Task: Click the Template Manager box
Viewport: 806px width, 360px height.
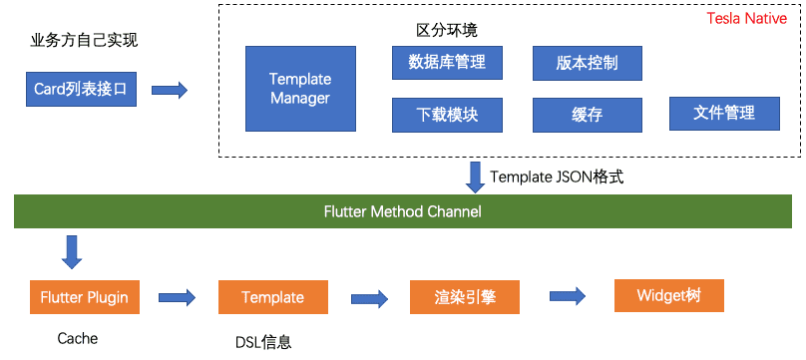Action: coord(300,89)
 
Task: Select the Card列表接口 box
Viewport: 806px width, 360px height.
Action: coord(81,90)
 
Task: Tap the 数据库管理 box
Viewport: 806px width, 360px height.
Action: coord(447,63)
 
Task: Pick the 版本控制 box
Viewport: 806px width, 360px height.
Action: coord(587,63)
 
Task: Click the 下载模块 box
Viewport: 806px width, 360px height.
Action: coord(447,115)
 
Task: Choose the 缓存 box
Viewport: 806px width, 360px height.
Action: coord(587,115)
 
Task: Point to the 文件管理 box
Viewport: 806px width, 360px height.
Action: coord(724,113)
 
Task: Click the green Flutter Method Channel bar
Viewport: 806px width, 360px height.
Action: coord(403,211)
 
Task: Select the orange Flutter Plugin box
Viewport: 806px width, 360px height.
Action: coord(85,297)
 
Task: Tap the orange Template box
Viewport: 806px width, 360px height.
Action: coord(273,297)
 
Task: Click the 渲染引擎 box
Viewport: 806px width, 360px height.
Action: coord(465,297)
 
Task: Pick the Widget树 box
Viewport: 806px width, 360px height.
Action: coord(669,295)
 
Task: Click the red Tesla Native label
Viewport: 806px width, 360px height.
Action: coord(747,19)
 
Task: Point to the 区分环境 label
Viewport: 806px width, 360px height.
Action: coord(447,30)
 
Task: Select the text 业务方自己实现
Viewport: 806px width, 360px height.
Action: coord(85,41)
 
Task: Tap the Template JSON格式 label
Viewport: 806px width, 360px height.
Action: coord(557,178)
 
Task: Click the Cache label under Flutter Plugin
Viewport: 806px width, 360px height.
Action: coord(78,338)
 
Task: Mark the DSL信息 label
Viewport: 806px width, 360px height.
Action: coord(263,342)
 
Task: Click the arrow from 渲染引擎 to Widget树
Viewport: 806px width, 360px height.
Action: coord(568,296)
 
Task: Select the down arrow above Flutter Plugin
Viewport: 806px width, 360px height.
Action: coord(72,252)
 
